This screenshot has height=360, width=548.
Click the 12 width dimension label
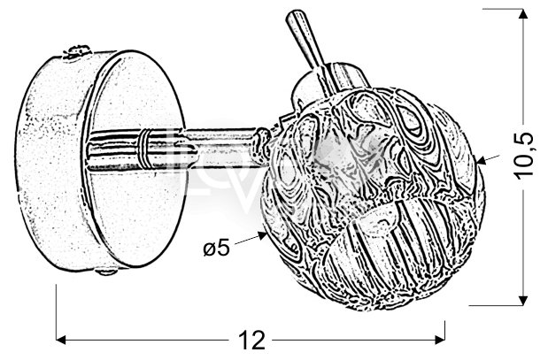coord(251,340)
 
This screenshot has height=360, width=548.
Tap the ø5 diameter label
coord(217,248)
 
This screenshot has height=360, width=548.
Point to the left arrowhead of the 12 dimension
coord(61,339)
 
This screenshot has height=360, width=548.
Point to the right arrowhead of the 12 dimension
coord(440,339)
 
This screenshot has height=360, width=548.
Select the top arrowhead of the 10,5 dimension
coord(523,13)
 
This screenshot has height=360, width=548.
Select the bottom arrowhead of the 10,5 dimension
coord(523,300)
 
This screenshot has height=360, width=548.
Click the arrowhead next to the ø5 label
coord(262,235)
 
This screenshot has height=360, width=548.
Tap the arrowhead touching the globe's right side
coord(482,161)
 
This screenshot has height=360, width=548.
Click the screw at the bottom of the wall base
coord(106,271)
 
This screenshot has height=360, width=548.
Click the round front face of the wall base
coord(135,159)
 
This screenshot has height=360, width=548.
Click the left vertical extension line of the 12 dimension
coord(57,313)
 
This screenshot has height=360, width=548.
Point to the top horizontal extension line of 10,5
coord(503,9)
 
